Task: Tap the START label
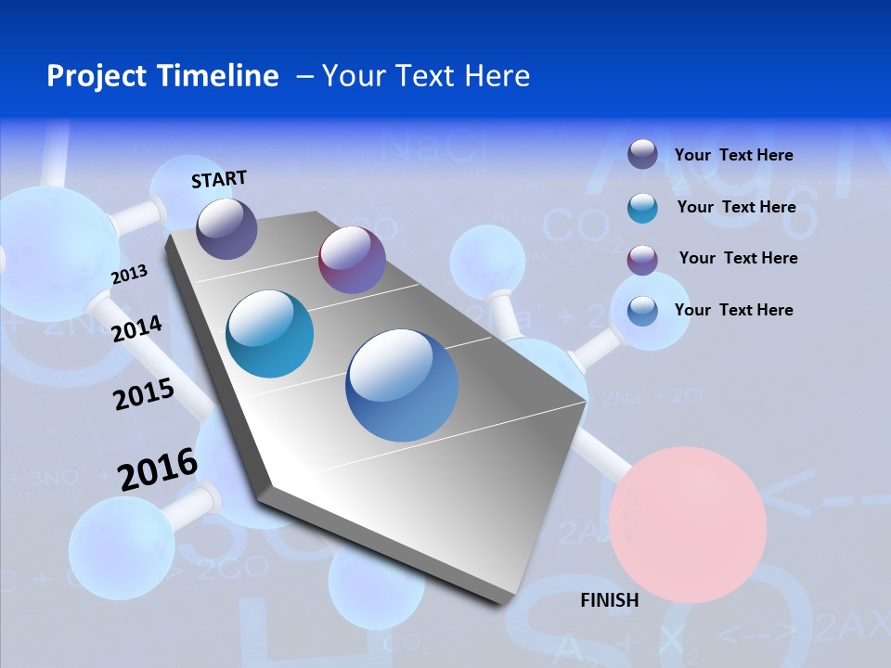point(219,179)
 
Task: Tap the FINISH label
point(609,600)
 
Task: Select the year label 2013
point(129,275)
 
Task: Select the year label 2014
point(136,328)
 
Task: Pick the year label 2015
point(144,395)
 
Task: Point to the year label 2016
point(158,469)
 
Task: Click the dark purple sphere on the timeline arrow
point(227,229)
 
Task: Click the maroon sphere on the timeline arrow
point(352,260)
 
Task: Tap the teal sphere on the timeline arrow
point(270,334)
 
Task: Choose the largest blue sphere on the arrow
point(402,385)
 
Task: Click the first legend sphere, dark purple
point(642,154)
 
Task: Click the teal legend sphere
point(642,208)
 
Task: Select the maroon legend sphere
point(642,259)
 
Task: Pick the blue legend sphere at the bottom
point(642,310)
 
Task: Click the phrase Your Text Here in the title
point(426,76)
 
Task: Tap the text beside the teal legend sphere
point(736,207)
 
